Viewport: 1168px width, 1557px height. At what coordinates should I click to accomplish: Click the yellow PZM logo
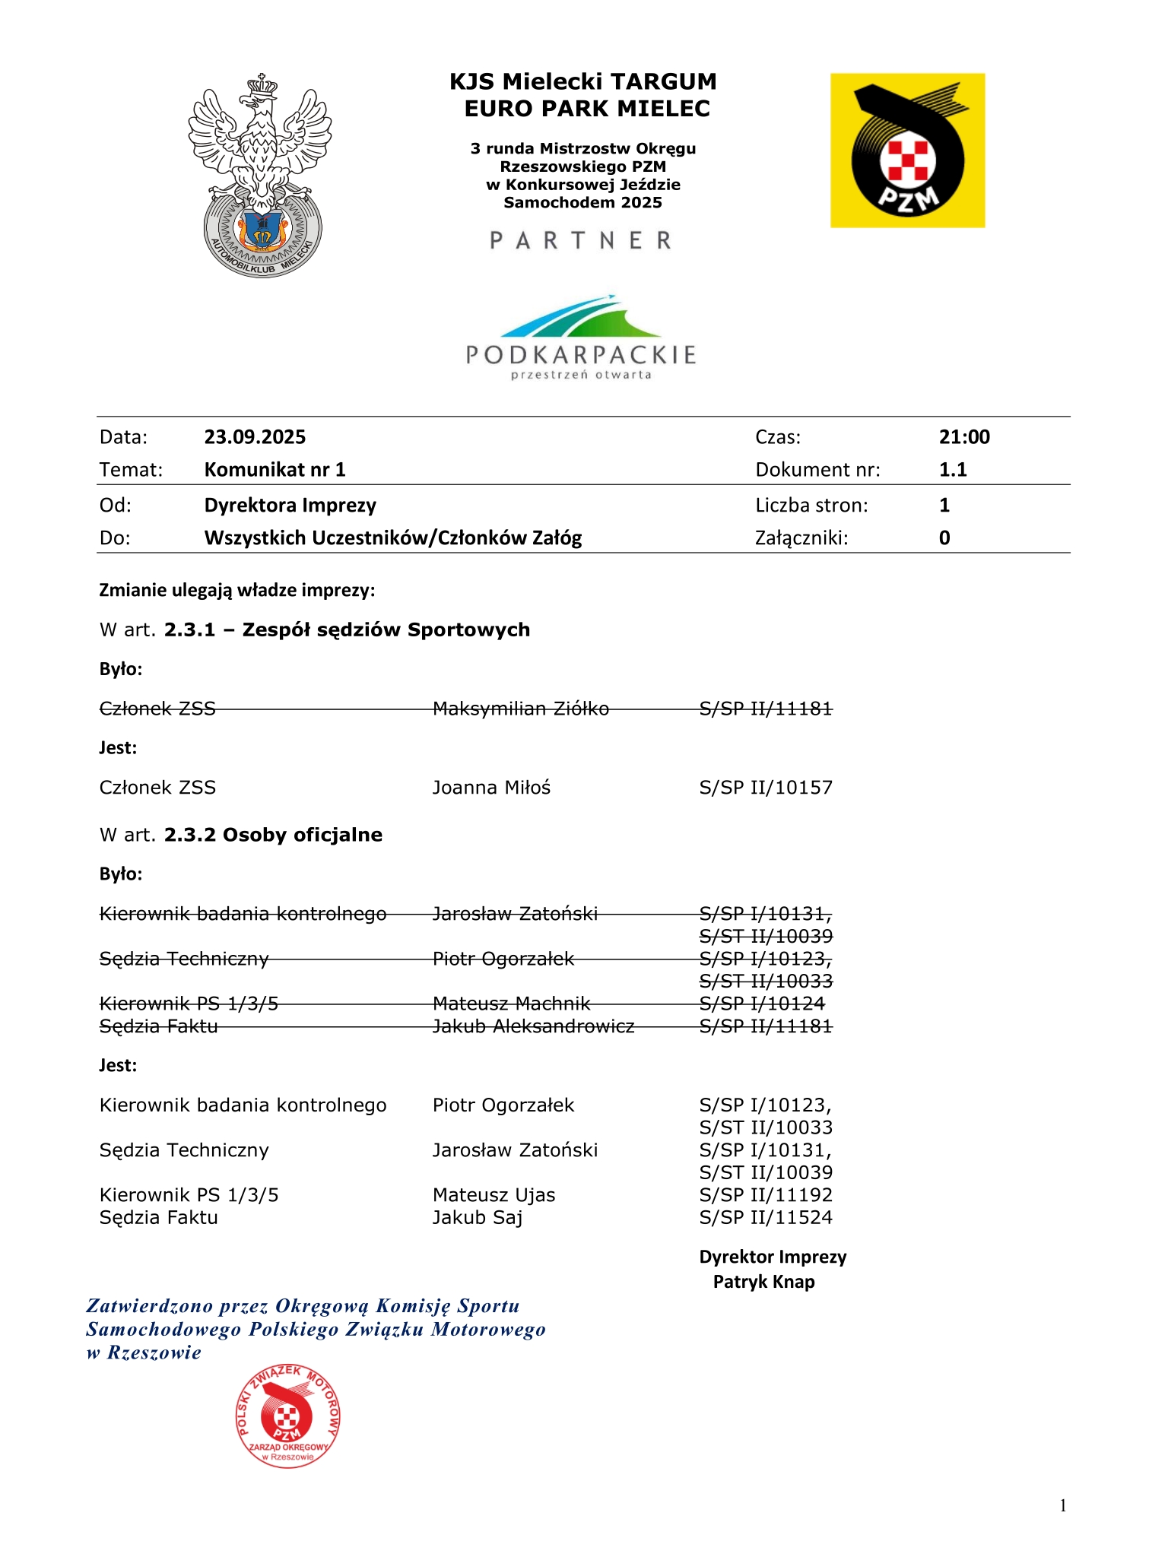(x=907, y=151)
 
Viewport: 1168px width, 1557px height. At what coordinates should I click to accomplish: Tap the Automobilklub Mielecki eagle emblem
(x=260, y=176)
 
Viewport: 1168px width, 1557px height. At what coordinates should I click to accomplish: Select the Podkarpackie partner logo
(x=581, y=338)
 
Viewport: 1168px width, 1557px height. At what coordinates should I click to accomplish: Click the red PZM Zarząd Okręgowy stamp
(x=287, y=1415)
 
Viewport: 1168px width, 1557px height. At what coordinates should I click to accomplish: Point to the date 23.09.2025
(x=255, y=437)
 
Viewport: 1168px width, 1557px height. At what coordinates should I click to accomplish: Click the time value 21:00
(x=964, y=437)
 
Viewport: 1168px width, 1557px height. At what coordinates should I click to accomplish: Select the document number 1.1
(x=953, y=470)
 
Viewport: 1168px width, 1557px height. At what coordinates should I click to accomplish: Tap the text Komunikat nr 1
(x=275, y=470)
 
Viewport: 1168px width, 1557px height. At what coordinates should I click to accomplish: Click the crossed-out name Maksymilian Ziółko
(x=521, y=709)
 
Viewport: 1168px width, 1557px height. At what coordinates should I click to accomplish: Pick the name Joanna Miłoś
(x=491, y=788)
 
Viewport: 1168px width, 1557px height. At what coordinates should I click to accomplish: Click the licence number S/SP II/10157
(x=766, y=788)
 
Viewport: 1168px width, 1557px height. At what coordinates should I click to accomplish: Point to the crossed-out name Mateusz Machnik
(x=512, y=1004)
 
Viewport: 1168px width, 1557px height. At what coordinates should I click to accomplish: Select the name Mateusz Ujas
(x=494, y=1195)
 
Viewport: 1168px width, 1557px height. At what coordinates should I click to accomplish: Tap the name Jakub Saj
(x=478, y=1218)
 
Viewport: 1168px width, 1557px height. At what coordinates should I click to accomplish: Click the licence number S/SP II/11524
(x=766, y=1218)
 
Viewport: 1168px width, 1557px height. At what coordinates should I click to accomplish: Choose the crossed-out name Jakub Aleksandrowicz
(x=533, y=1026)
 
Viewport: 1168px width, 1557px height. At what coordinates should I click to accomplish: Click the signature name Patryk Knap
(x=763, y=1282)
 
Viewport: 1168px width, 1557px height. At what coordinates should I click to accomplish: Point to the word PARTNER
(x=581, y=241)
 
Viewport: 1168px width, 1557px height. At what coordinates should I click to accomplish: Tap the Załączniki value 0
(x=944, y=538)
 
